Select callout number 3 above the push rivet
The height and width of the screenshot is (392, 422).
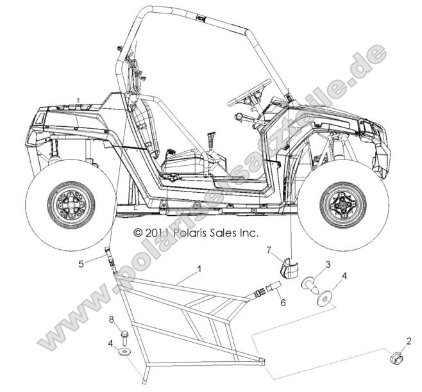coord(328,263)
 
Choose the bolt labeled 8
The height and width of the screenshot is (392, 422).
coord(124,335)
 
